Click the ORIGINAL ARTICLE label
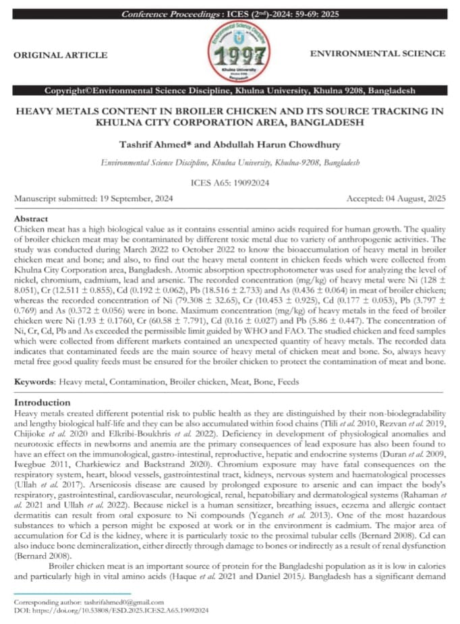coord(60,55)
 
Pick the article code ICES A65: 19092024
coord(229,182)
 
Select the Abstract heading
coord(31,219)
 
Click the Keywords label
coord(34,382)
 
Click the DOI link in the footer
coord(111,610)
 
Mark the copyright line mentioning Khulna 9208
coord(229,90)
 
